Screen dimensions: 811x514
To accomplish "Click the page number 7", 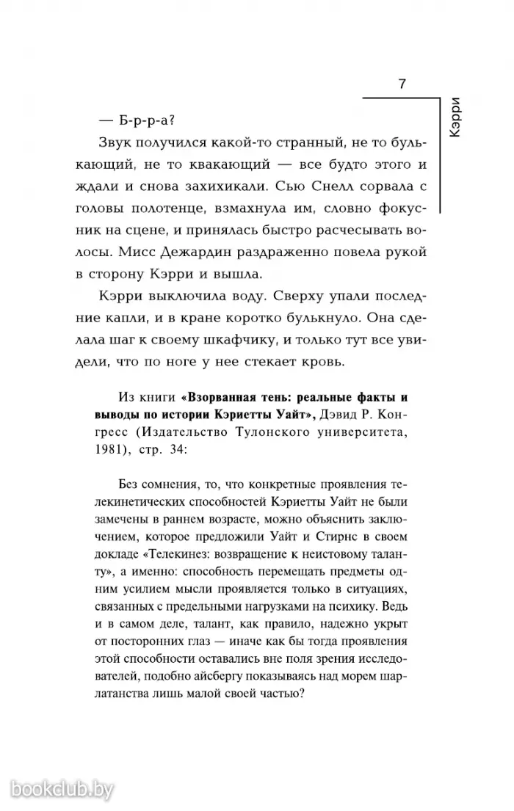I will pyautogui.click(x=402, y=83).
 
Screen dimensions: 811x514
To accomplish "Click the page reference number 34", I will pyautogui.click(x=176, y=453).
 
